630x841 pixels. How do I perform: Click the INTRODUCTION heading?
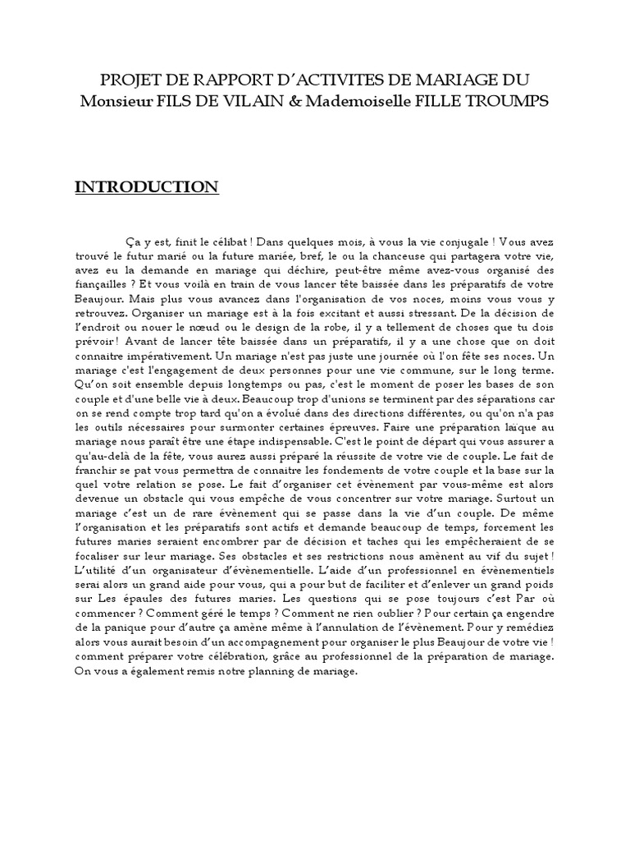(x=147, y=188)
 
